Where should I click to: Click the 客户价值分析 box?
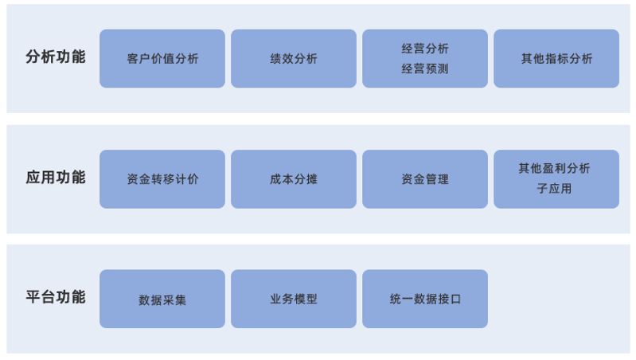(x=162, y=58)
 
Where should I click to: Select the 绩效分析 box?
(x=294, y=58)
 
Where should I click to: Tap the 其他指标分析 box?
(x=556, y=58)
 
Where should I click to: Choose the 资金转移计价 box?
(x=162, y=179)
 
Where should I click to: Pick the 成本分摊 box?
(x=294, y=179)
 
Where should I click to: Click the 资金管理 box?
(x=425, y=179)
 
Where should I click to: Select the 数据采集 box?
(x=162, y=299)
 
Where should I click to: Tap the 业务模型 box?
(x=294, y=299)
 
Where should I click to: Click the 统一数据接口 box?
(x=425, y=299)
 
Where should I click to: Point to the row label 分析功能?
(x=56, y=57)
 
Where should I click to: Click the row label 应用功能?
(x=56, y=178)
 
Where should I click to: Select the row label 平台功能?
(x=56, y=297)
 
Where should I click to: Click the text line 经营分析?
(x=425, y=49)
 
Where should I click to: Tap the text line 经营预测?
(x=425, y=68)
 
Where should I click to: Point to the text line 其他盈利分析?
(x=554, y=168)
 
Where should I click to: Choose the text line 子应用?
(x=554, y=188)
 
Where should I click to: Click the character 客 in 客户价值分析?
(x=133, y=59)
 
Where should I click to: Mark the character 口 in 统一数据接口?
(x=455, y=299)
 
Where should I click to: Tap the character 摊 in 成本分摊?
(x=311, y=179)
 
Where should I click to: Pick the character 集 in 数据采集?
(x=180, y=300)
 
